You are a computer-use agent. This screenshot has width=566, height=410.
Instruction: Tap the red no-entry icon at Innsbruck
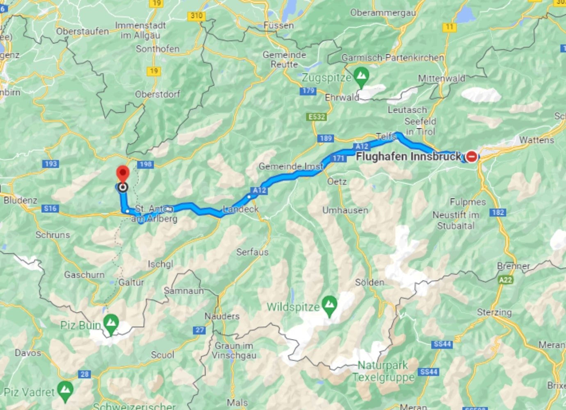click(472, 156)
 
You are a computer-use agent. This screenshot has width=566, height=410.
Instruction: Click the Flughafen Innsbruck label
click(408, 156)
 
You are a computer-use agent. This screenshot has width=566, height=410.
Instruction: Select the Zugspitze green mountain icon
click(361, 76)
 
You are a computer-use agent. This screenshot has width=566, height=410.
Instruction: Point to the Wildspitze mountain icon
click(329, 305)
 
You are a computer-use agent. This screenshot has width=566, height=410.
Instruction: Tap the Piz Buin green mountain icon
click(111, 323)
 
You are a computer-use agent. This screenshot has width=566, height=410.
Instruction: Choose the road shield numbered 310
click(196, 16)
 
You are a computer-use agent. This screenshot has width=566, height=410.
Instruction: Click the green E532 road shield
click(316, 117)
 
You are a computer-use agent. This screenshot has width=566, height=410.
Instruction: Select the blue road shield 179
click(308, 91)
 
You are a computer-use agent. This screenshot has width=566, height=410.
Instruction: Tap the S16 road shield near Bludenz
click(50, 208)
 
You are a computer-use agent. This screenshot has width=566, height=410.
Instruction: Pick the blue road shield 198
click(146, 164)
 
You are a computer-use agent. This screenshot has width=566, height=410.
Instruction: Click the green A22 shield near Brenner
click(505, 280)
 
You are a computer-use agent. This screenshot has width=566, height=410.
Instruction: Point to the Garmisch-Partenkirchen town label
click(393, 58)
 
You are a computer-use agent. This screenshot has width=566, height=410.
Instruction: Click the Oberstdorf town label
click(157, 94)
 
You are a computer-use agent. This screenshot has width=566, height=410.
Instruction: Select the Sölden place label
click(369, 282)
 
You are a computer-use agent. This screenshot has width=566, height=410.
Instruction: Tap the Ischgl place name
click(160, 264)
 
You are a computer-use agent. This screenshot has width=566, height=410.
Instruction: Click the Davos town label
click(28, 353)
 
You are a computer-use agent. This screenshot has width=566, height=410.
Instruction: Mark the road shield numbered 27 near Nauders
click(200, 330)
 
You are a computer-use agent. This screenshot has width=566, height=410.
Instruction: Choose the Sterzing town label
click(494, 312)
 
